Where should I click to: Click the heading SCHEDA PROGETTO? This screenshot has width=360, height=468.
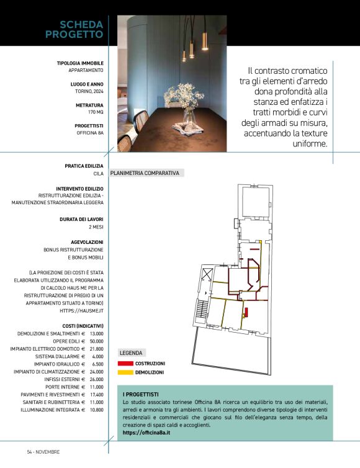[74, 29]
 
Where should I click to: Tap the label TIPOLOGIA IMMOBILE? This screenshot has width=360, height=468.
[80, 63]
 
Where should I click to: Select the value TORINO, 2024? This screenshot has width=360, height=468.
[86, 91]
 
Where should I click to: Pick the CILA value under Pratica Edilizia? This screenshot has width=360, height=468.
[98, 174]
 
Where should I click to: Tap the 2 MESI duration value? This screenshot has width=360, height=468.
[96, 227]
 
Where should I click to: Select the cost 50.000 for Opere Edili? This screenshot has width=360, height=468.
[96, 341]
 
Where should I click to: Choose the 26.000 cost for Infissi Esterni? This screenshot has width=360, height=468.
[96, 379]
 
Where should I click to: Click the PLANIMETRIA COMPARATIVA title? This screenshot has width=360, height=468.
[145, 173]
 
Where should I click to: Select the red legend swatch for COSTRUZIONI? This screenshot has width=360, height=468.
[125, 363]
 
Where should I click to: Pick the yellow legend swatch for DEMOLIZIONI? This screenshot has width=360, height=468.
[125, 372]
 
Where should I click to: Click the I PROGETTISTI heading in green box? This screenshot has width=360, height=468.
[141, 394]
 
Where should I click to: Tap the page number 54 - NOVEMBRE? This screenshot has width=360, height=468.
[43, 451]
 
